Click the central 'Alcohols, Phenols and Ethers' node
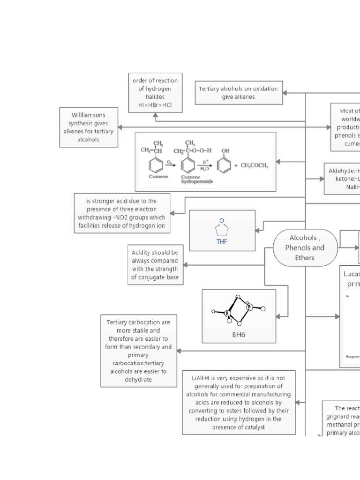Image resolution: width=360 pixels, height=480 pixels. [305, 248]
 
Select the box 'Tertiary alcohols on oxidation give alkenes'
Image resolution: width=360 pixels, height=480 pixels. [239, 92]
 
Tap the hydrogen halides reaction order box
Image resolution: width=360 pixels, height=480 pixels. [155, 93]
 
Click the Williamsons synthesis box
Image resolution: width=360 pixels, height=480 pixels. [89, 127]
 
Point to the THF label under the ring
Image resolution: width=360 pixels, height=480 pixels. [222, 242]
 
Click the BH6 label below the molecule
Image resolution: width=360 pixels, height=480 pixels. [239, 335]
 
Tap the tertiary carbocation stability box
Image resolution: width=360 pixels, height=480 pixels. [138, 351]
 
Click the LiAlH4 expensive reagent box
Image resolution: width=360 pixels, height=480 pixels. [239, 402]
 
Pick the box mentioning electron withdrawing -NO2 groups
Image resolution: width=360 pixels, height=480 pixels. [121, 213]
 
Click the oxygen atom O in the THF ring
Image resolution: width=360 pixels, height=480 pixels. [222, 220]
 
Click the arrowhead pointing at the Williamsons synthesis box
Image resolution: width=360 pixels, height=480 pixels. [120, 127]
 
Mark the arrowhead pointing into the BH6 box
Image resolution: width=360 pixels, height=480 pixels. [278, 316]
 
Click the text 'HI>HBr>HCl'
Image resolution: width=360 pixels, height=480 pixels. [155, 105]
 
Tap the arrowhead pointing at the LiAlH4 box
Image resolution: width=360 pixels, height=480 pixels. [298, 402]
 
